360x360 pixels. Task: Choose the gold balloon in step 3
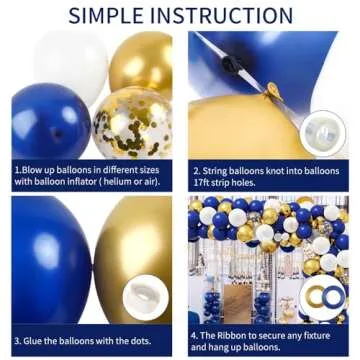pos(130,250)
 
